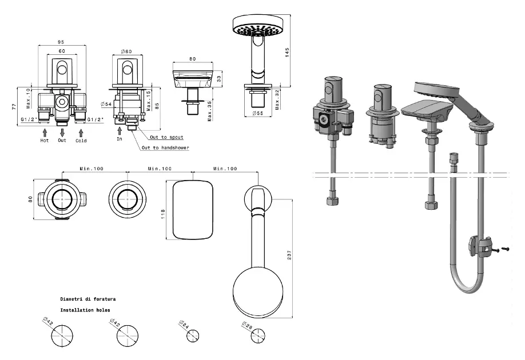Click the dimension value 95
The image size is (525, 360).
tap(61, 41)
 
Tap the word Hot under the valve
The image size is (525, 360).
tap(45, 140)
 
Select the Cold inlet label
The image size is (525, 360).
tap(81, 140)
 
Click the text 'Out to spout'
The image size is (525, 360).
tap(166, 138)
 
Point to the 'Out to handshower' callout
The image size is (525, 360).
tap(165, 148)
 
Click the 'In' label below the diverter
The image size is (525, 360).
tap(120, 139)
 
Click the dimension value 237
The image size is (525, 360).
tap(290, 252)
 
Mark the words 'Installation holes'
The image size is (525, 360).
tap(85, 310)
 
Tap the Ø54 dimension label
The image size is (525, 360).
tap(105, 103)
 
